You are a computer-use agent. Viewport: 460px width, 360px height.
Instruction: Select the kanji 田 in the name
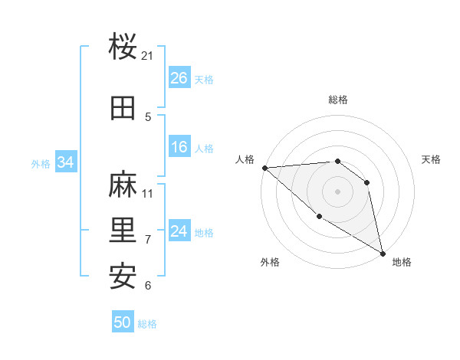[123, 108]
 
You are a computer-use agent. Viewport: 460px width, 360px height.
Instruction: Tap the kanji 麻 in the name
[123, 184]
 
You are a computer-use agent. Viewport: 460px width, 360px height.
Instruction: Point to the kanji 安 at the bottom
[123, 276]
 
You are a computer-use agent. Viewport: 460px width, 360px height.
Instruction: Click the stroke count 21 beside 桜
[148, 56]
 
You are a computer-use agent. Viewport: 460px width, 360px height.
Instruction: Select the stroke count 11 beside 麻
[148, 193]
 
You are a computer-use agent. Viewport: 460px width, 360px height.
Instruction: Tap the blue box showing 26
[179, 78]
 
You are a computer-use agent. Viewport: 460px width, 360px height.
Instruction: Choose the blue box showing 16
[179, 147]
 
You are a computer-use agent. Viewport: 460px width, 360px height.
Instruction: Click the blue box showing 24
[179, 231]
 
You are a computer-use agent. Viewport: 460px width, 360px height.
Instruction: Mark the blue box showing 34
[66, 162]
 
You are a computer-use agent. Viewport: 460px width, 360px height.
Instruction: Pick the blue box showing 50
[123, 322]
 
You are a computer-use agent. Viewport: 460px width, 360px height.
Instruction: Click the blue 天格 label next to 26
[204, 79]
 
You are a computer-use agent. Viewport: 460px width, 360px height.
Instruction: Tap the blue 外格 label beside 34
[41, 163]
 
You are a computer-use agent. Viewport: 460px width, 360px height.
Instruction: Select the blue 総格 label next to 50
[147, 323]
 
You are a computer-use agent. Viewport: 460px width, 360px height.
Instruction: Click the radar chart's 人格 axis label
[245, 159]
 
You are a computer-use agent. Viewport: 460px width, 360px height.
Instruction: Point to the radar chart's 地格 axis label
[402, 262]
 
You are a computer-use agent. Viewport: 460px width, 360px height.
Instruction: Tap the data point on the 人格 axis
[264, 168]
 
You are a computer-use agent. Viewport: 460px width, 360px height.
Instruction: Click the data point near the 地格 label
[382, 253]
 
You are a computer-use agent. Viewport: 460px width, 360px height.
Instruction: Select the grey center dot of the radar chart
[337, 191]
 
